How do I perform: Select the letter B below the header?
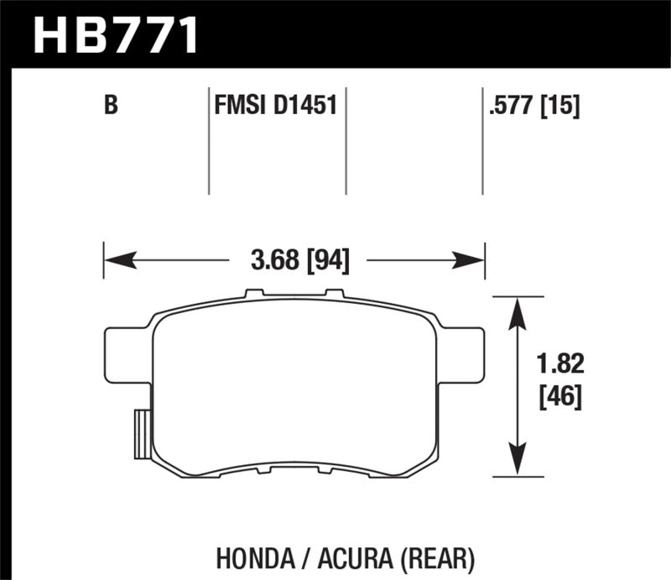[x=109, y=107]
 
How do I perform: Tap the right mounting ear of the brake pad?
[x=466, y=353]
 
